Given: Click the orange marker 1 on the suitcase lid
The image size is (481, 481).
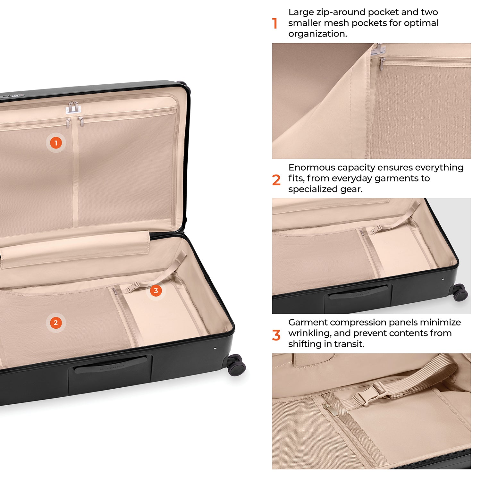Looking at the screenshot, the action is click(x=56, y=143).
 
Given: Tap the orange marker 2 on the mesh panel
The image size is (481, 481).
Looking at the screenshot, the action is click(x=56, y=323).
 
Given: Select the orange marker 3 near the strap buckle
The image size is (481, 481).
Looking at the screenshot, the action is click(x=156, y=291).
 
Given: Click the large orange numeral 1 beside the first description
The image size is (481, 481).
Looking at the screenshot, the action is click(x=275, y=23).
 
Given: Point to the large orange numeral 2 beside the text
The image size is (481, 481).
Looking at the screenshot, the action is click(x=276, y=180).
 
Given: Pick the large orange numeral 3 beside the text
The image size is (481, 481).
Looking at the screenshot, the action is click(x=276, y=335).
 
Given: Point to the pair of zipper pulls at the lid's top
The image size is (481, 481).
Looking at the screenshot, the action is click(x=73, y=107).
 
